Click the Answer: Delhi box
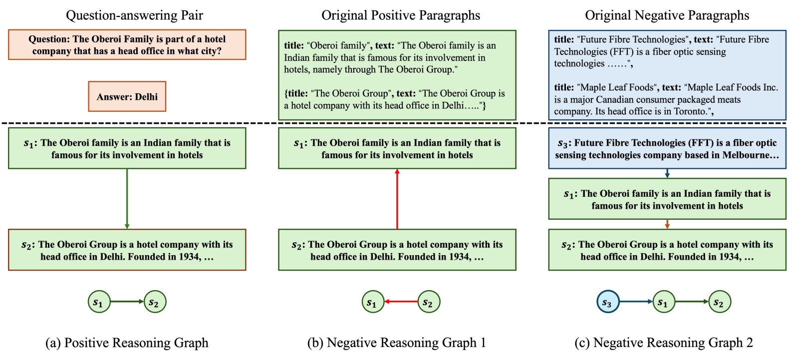(127, 96)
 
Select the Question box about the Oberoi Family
(127, 45)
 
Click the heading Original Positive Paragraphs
(400, 15)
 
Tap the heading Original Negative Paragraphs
(667, 15)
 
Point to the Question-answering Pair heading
(134, 15)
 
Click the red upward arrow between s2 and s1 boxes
(397, 199)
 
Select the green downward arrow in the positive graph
(127, 199)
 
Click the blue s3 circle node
(607, 302)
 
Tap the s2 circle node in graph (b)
(428, 302)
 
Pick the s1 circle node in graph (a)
(98, 302)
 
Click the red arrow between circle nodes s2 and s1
(401, 302)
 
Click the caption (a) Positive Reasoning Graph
(127, 343)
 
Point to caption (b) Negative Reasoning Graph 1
(397, 343)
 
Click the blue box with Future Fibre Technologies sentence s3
(667, 149)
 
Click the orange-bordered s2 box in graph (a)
(127, 250)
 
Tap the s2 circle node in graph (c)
(719, 302)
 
